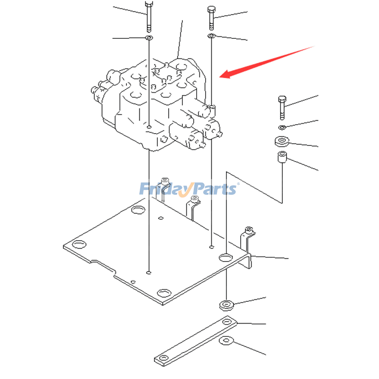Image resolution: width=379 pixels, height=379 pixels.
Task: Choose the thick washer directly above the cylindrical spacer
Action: [x=282, y=141]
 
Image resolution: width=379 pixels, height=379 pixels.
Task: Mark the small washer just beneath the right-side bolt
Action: [x=282, y=127]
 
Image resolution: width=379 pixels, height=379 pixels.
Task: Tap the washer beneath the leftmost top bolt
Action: [x=149, y=37]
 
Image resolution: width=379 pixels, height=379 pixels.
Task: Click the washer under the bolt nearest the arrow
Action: [x=211, y=36]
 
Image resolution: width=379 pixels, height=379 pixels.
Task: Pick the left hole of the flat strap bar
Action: [x=164, y=358]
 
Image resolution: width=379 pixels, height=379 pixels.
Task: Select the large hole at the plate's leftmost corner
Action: [x=79, y=244]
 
